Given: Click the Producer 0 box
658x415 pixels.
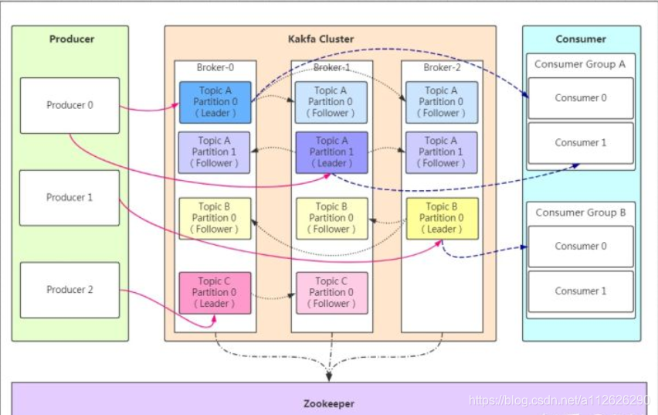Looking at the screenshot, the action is pyautogui.click(x=70, y=105).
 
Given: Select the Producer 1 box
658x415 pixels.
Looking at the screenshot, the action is pyautogui.click(x=70, y=198).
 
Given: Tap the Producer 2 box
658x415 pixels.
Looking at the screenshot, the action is pyautogui.click(x=70, y=290).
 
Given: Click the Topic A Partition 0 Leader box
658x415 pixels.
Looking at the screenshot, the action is pyautogui.click(x=215, y=102).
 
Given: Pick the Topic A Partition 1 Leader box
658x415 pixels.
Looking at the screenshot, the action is pyautogui.click(x=331, y=152).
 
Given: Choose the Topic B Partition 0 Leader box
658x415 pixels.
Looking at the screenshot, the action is pyautogui.click(x=442, y=219).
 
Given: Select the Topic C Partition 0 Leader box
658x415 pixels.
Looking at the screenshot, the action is pyautogui.click(x=215, y=293).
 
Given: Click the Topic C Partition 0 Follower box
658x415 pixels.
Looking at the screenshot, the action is pyautogui.click(x=332, y=293).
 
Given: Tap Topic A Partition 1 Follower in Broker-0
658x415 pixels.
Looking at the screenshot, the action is pyautogui.click(x=214, y=152).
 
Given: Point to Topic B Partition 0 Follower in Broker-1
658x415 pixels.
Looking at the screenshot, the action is pyautogui.click(x=332, y=219).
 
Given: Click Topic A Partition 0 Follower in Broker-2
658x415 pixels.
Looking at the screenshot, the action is pyautogui.click(x=442, y=102).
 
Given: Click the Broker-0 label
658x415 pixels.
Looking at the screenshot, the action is pyautogui.click(x=215, y=68).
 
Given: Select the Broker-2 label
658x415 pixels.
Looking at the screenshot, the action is pyautogui.click(x=442, y=68).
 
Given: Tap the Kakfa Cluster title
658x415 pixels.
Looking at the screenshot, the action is pyautogui.click(x=321, y=39).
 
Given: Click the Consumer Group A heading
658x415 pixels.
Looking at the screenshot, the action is pyautogui.click(x=580, y=64).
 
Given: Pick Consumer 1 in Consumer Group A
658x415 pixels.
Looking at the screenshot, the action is pyautogui.click(x=581, y=143).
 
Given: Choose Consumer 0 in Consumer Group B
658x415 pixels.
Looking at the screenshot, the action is pyautogui.click(x=581, y=247).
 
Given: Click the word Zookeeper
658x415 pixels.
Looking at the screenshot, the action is pyautogui.click(x=329, y=403).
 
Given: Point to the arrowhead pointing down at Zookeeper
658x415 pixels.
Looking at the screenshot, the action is pyautogui.click(x=330, y=376).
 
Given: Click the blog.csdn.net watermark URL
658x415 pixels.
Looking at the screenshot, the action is pyautogui.click(x=559, y=400).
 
